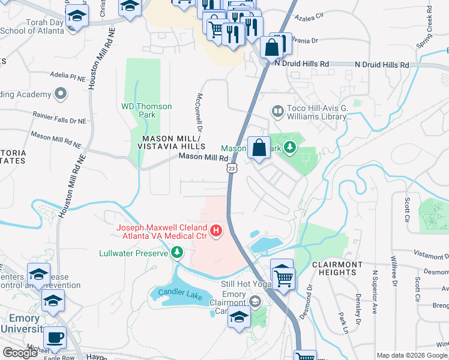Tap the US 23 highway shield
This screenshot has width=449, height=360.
pos(233,169)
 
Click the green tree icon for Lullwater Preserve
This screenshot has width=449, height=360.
pos(176,253)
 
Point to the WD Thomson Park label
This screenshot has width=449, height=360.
pos(146,111)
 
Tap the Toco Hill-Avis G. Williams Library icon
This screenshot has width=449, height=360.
pos(277,111)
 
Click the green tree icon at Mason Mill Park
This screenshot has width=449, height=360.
pos(291,148)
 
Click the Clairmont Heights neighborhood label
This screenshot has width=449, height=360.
pos(337,268)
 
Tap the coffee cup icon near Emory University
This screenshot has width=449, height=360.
pos(56,338)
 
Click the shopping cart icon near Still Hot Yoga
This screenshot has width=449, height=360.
pos(283,276)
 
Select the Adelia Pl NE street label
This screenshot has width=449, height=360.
pos(68,77)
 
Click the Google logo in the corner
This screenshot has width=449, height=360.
pos(20,353)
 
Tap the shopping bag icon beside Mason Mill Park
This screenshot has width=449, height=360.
pos(259,148)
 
